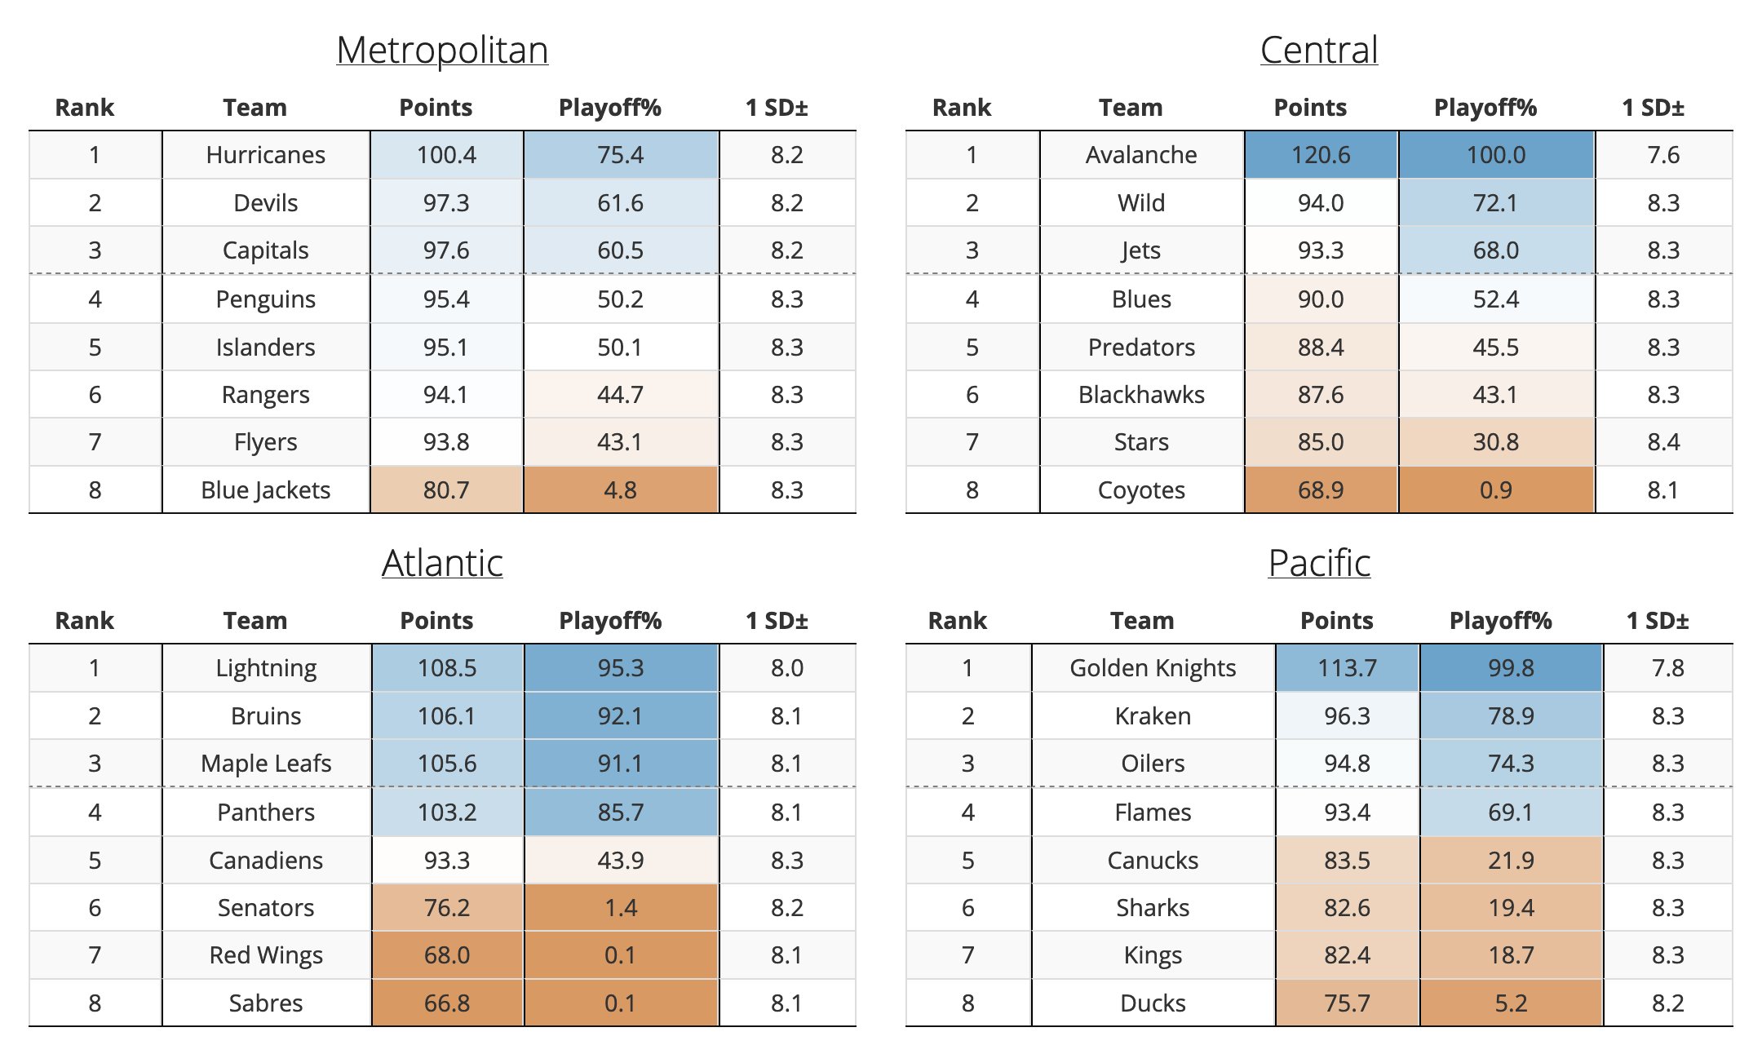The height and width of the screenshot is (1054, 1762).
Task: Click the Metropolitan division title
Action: click(x=442, y=51)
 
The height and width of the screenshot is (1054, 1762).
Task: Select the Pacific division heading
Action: click(x=1319, y=564)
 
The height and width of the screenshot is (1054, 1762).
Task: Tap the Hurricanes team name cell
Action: click(x=266, y=155)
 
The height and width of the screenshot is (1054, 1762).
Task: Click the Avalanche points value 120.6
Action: click(x=1321, y=155)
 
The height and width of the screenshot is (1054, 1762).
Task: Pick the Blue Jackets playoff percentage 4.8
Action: click(x=621, y=490)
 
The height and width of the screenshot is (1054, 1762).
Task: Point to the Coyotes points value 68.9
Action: click(x=1321, y=490)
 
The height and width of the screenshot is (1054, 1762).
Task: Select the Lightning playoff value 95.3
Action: click(x=621, y=668)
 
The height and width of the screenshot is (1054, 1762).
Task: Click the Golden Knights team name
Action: click(x=1153, y=668)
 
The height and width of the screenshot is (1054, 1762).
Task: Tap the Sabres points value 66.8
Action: click(x=447, y=1003)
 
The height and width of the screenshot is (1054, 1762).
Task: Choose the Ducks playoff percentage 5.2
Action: click(x=1511, y=1003)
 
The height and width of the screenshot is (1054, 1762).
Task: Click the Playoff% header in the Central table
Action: click(x=1485, y=108)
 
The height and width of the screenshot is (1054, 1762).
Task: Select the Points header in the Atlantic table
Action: click(x=436, y=621)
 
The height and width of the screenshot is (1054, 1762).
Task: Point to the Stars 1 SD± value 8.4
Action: click(x=1663, y=442)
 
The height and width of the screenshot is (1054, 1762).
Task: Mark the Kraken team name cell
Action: click(x=1153, y=716)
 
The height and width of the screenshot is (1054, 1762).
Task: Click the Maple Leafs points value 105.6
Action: click(x=447, y=764)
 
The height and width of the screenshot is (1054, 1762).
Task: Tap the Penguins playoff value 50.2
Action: click(x=621, y=299)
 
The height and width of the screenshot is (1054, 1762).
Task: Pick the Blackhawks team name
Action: click(x=1141, y=395)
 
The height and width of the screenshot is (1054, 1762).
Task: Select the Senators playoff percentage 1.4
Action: click(x=621, y=908)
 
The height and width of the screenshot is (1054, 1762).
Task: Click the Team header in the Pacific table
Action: click(x=1142, y=621)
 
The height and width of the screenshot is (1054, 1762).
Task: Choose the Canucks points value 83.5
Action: click(x=1347, y=861)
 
